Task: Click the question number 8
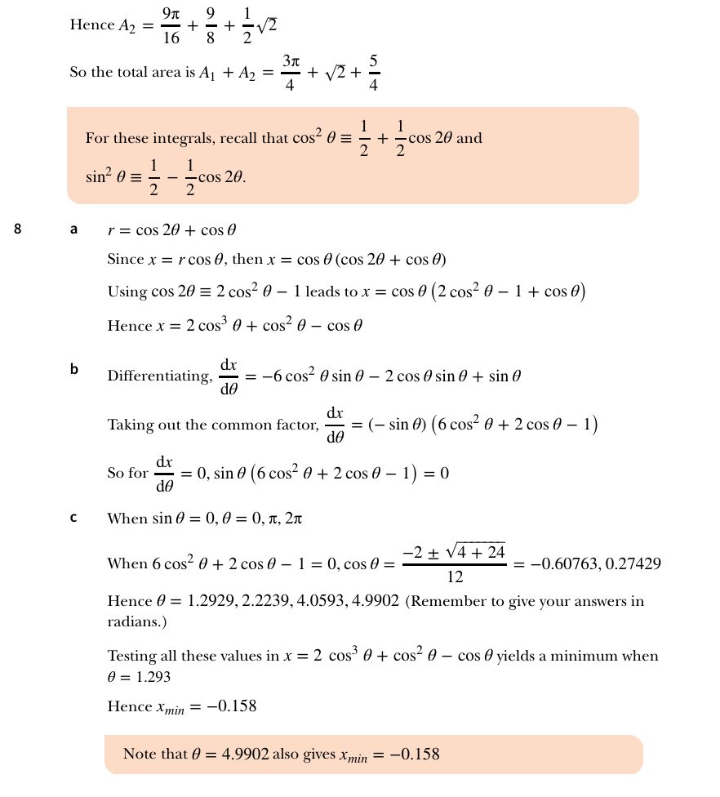tap(18, 229)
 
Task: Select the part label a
tap(73, 229)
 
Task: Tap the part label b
tap(73, 369)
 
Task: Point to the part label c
tap(73, 518)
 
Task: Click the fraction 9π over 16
tap(171, 25)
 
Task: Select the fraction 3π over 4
tap(291, 73)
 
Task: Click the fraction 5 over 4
tap(373, 73)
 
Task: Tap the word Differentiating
tap(159, 376)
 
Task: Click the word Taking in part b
tap(130, 425)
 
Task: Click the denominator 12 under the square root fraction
tap(455, 577)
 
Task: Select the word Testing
tap(132, 657)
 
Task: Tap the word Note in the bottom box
tap(140, 755)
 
